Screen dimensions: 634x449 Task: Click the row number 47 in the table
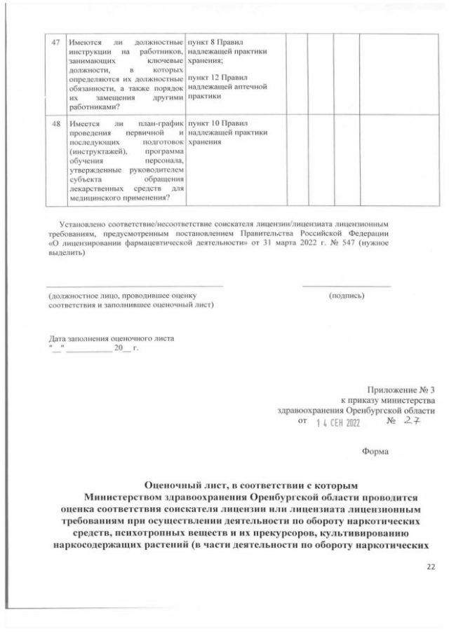coord(56,43)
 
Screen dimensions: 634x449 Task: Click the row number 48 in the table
coord(56,124)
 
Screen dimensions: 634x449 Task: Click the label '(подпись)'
coord(347,296)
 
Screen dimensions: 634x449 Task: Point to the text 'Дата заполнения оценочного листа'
coord(110,338)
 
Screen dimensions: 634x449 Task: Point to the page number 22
coord(430,568)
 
